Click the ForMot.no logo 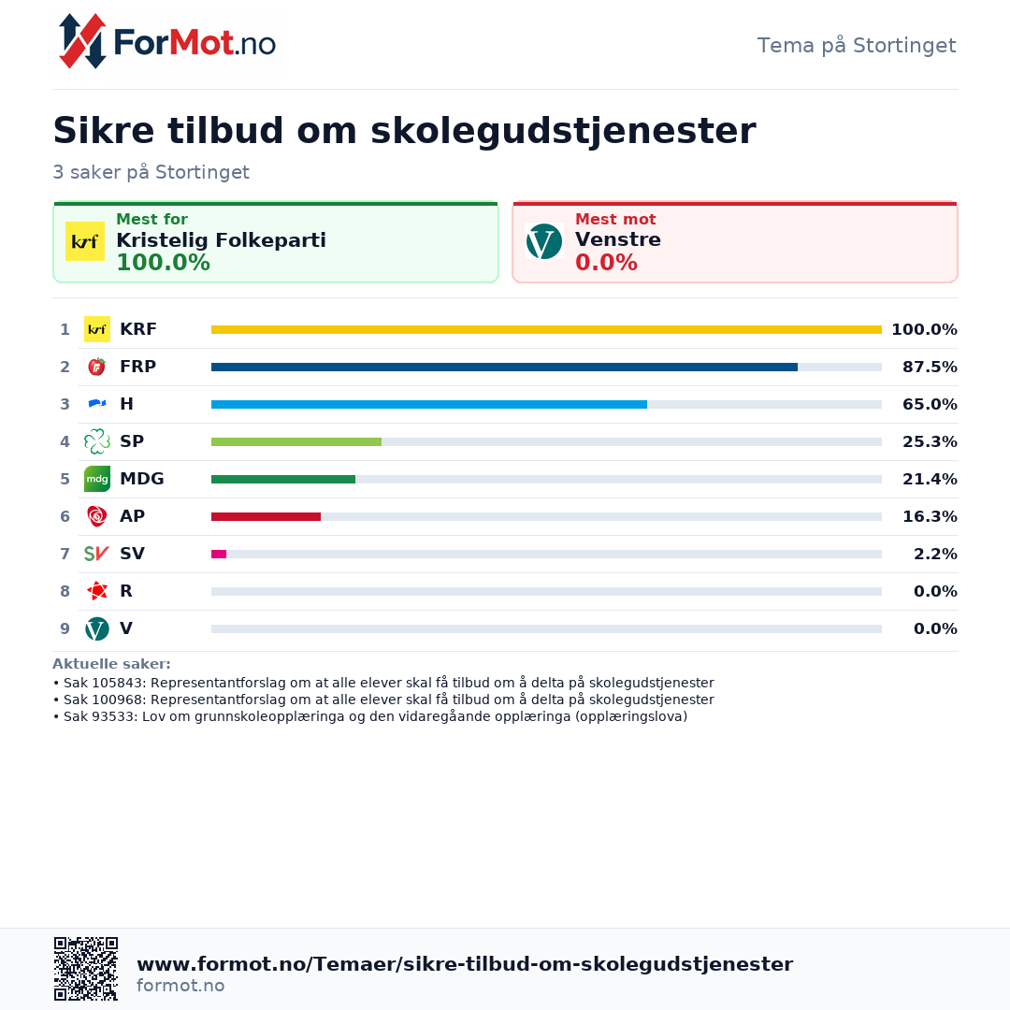pos(167,42)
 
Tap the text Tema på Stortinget pos(856,46)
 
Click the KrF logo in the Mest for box pos(85,241)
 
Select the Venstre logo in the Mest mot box pos(543,241)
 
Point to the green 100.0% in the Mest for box pos(163,263)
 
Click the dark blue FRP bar pos(504,368)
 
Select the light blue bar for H pos(429,405)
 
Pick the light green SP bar pos(296,441)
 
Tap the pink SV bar pos(219,554)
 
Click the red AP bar pos(266,516)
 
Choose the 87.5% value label pos(930,368)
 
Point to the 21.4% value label pos(930,479)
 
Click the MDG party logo pos(97,479)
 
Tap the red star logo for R pos(97,591)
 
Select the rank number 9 pos(65,628)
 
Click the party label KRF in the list pos(138,329)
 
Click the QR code pos(86,968)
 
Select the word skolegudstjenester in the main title pos(563,131)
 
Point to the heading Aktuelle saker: pos(111,664)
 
